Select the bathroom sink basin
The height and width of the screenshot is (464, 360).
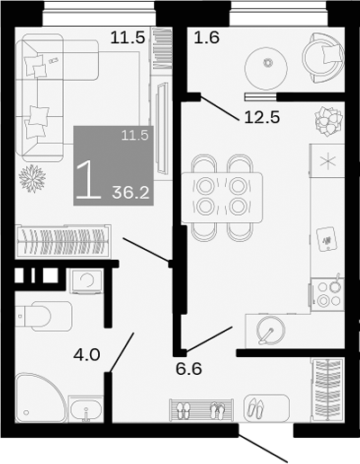87,413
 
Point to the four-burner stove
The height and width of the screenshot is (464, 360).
326,293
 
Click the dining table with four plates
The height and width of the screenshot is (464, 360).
222,196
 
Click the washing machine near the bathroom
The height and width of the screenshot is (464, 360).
86,281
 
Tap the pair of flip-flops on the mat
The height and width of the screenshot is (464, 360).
218,411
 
